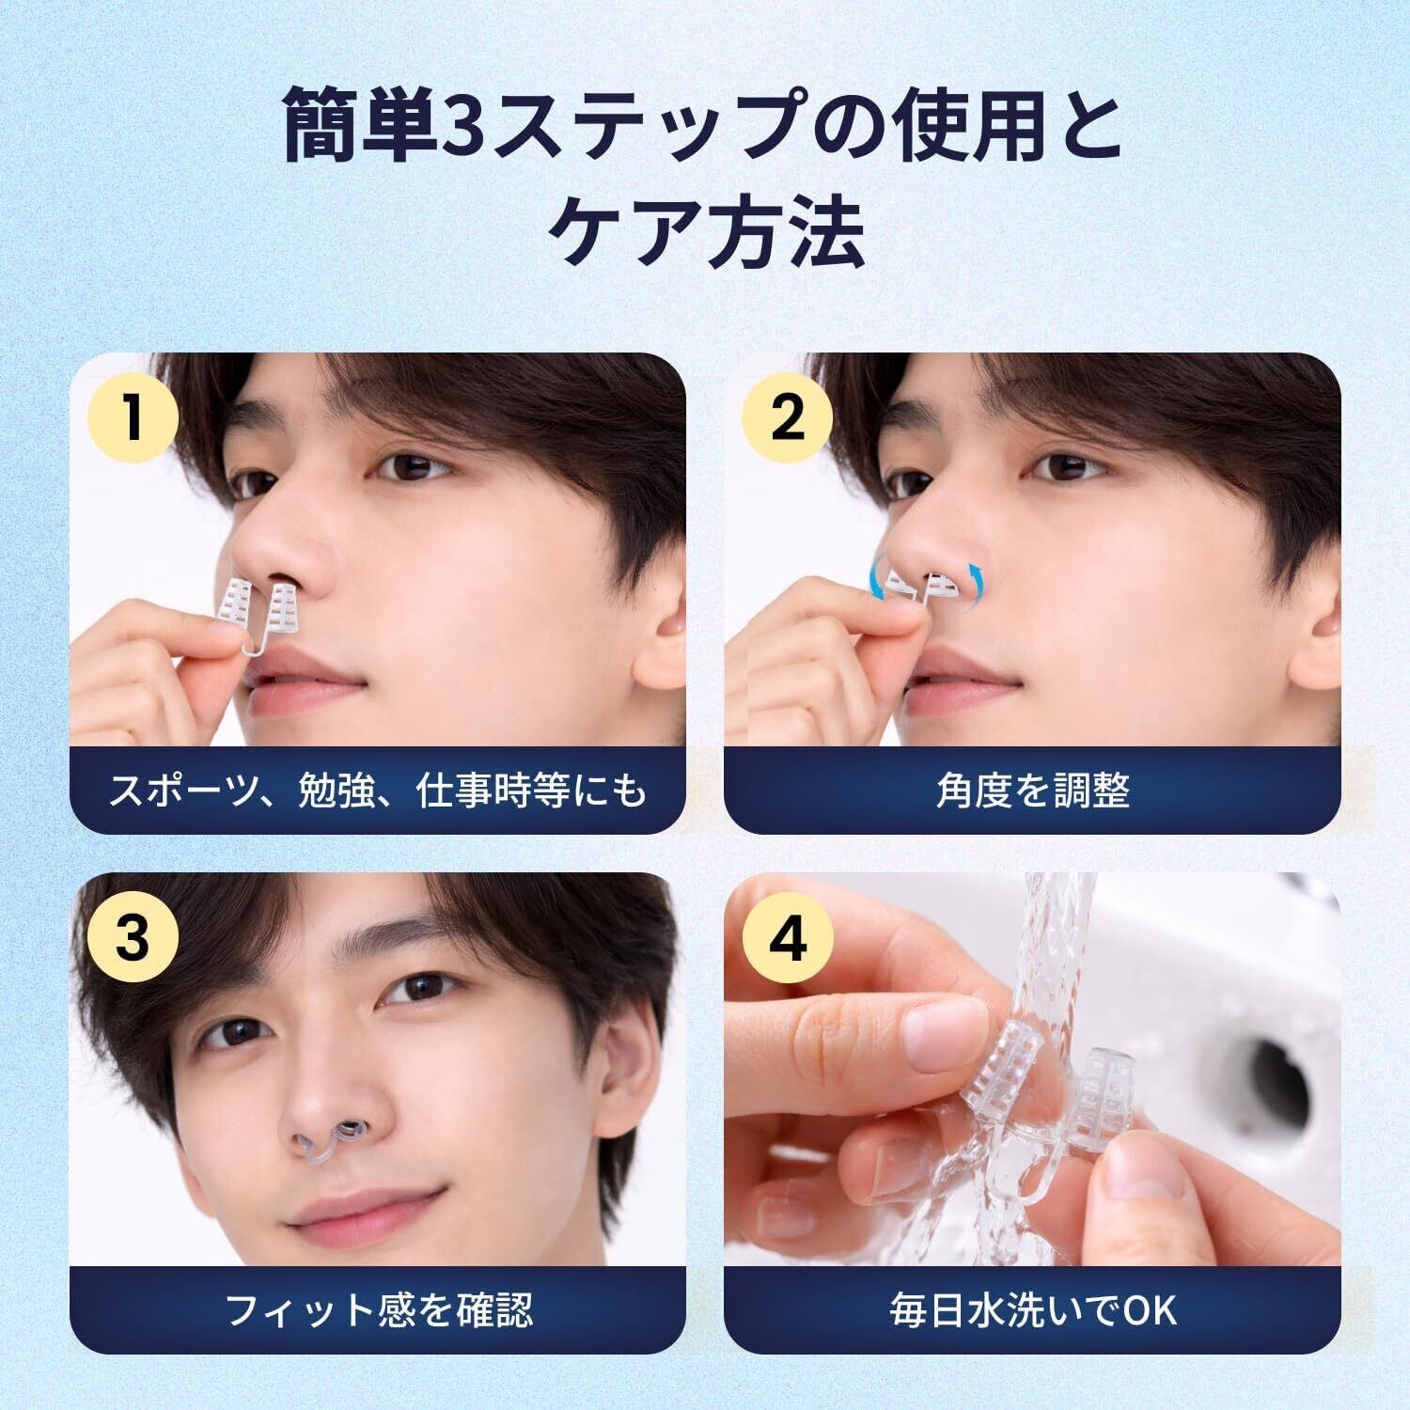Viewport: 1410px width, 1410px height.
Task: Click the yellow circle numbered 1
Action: (133, 417)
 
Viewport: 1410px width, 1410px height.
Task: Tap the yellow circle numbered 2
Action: (788, 417)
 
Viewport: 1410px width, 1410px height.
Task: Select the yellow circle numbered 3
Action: (133, 937)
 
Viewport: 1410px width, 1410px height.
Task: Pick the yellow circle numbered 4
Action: (788, 937)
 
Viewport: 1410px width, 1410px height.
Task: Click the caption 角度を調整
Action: (1032, 791)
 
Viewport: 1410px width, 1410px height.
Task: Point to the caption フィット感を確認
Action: (379, 1308)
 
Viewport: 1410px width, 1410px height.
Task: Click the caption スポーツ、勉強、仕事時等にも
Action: (379, 791)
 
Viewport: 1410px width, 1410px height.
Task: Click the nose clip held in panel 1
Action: (255, 617)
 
